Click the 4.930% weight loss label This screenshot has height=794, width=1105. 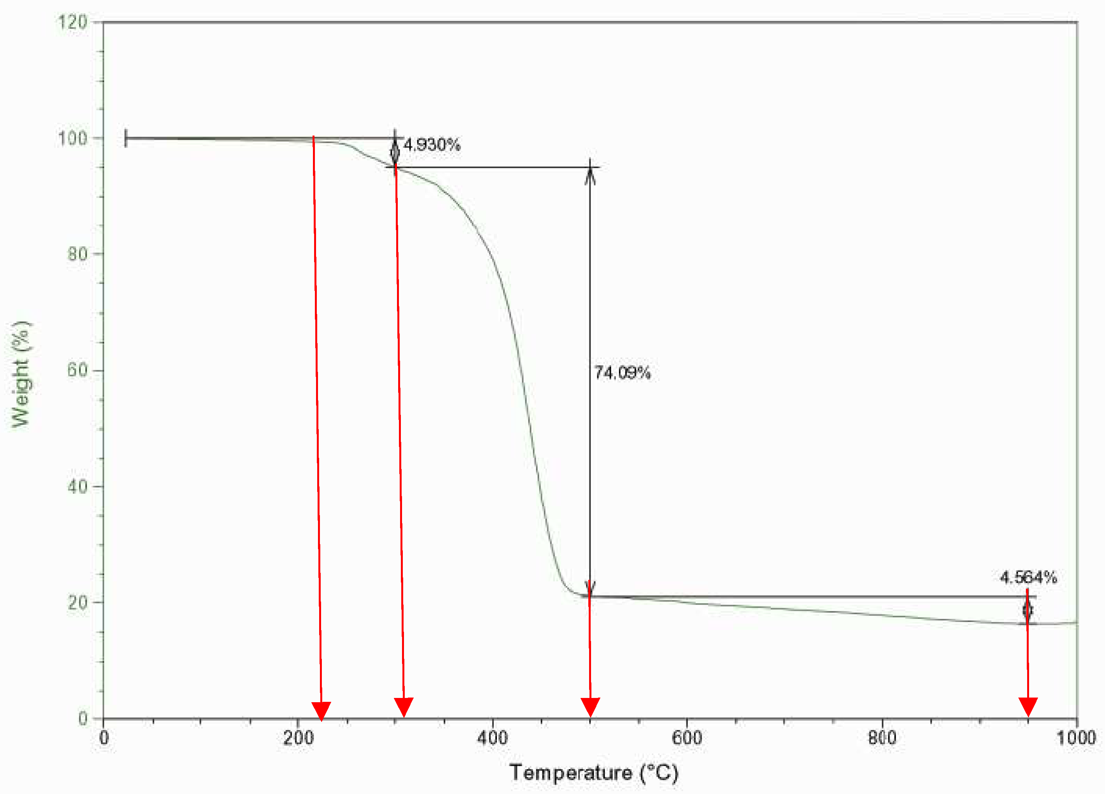[x=432, y=145]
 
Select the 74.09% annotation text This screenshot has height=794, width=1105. [x=622, y=373]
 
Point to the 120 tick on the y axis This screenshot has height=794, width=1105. [x=72, y=22]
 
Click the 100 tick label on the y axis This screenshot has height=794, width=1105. [x=72, y=138]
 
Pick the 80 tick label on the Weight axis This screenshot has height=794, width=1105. [x=77, y=254]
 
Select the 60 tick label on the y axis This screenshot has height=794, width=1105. [x=77, y=370]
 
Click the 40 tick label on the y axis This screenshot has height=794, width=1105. [x=77, y=486]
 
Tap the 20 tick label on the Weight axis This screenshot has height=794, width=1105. [x=77, y=603]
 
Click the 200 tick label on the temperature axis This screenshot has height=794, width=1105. [x=298, y=738]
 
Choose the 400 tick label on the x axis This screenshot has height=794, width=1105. [x=493, y=738]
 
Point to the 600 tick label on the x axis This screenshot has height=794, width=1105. [x=687, y=738]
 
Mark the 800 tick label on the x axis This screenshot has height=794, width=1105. [x=882, y=738]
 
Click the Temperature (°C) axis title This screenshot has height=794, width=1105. [x=593, y=773]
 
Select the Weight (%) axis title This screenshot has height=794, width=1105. [x=21, y=374]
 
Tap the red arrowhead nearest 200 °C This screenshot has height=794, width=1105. [x=321, y=710]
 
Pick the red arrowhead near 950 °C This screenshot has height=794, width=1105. [x=1028, y=706]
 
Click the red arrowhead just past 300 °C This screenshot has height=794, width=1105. [x=404, y=706]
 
